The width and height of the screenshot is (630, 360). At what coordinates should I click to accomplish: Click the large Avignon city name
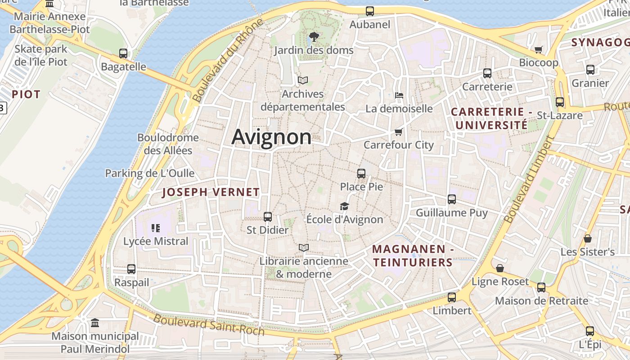tap(271, 137)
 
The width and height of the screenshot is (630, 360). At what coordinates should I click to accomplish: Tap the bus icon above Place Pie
tap(361, 173)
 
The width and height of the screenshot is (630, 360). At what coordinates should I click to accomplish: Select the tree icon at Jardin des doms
tap(314, 36)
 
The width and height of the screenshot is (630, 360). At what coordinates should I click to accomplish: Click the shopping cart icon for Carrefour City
tap(398, 132)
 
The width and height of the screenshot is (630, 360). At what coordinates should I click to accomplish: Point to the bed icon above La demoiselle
tap(399, 95)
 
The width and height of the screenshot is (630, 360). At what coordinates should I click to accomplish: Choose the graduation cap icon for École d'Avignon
tap(344, 206)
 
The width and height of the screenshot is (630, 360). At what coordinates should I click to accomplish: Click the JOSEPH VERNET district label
tap(211, 192)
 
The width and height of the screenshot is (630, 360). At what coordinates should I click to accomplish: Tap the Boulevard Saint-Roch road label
tap(209, 324)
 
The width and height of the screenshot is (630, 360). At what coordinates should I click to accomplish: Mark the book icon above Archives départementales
tap(303, 81)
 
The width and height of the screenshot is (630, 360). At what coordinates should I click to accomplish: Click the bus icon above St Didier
tap(267, 216)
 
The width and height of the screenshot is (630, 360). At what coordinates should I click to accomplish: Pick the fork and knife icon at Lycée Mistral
tap(156, 228)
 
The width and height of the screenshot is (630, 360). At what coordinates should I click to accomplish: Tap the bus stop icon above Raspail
tap(131, 269)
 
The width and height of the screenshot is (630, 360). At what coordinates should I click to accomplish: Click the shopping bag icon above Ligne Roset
tap(499, 268)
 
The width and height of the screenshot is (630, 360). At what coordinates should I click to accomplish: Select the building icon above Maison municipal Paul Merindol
tap(94, 323)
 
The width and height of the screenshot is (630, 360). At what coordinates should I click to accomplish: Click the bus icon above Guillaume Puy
tap(451, 199)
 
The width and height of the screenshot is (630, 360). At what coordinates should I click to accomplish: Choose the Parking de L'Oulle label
tap(149, 173)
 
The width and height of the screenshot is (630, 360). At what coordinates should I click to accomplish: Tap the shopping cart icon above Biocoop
tap(538, 49)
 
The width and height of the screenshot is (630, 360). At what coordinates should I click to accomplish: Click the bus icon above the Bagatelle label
tap(123, 54)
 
